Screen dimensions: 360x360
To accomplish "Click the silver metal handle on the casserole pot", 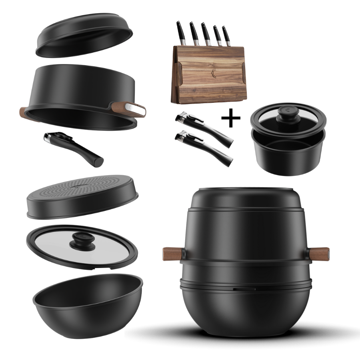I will [134, 108].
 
